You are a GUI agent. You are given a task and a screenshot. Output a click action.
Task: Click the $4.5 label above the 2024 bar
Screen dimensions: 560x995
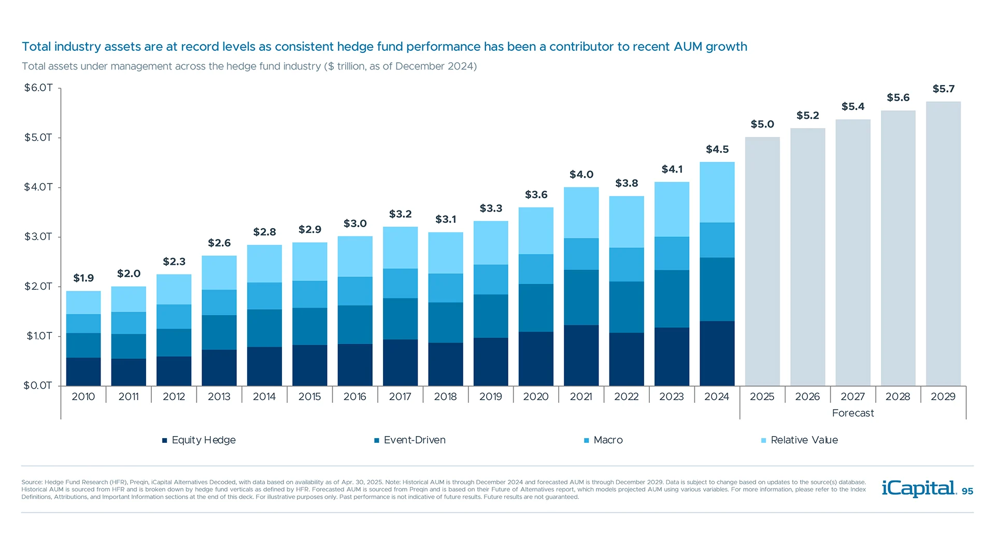coord(717,149)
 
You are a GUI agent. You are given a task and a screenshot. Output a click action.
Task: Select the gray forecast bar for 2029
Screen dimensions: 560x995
coord(943,244)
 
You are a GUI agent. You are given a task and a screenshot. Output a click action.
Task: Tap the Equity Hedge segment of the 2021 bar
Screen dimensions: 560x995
coord(581,355)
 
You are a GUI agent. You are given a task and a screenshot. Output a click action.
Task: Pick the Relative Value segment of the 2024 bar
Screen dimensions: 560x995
coord(717,192)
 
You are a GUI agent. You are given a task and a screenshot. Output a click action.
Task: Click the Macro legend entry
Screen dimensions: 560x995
coord(604,440)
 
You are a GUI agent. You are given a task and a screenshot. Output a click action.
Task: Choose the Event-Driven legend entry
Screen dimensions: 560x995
coord(410,440)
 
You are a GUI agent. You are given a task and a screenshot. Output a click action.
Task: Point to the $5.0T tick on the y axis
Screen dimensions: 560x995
coord(38,137)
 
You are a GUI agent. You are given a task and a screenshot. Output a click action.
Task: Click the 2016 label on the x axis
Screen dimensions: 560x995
coord(355,397)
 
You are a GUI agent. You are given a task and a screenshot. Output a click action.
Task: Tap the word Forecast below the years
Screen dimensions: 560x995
coord(853,413)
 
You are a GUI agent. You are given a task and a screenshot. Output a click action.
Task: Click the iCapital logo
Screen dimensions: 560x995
coord(918,488)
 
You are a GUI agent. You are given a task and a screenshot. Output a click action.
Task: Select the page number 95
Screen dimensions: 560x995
coord(968,492)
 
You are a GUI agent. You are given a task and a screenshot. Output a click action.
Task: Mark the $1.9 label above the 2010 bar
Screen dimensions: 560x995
coord(83,278)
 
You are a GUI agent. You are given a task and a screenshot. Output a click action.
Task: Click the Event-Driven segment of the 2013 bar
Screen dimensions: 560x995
coord(219,332)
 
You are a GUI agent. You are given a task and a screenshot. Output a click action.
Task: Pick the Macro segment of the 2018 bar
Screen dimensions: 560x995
coord(446,288)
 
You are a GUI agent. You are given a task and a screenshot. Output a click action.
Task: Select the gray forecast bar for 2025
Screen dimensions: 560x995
coord(762,261)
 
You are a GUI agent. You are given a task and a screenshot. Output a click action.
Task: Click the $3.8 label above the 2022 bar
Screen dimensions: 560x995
coord(627,183)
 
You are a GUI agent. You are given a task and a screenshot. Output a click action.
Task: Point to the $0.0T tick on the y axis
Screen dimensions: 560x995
coord(38,385)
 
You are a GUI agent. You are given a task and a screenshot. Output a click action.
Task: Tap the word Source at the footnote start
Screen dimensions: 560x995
coord(31,482)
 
